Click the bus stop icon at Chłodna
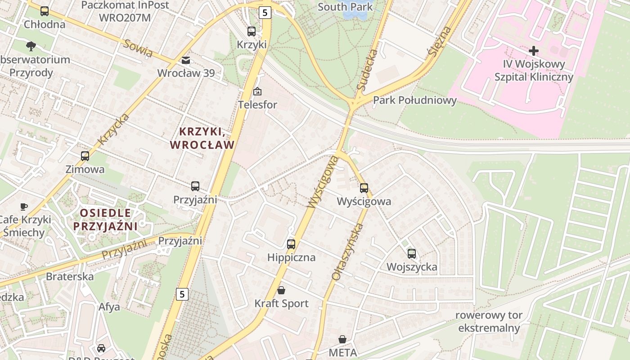pyautogui.click(x=44, y=11)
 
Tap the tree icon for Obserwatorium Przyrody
pyautogui.click(x=31, y=45)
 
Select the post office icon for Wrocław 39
pyautogui.click(x=185, y=60)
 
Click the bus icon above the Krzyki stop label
pyautogui.click(x=252, y=31)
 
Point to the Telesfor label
pyautogui.click(x=258, y=105)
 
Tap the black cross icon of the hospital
pyautogui.click(x=534, y=51)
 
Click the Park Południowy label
pyautogui.click(x=414, y=100)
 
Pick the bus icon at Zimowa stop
pyautogui.click(x=85, y=156)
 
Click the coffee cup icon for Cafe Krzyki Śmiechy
pyautogui.click(x=24, y=207)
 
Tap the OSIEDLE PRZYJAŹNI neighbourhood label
pyautogui.click(x=105, y=219)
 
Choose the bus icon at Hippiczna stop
pyautogui.click(x=291, y=244)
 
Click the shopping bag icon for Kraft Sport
pyautogui.click(x=281, y=290)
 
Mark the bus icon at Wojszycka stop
pyautogui.click(x=412, y=254)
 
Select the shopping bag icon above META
pyautogui.click(x=342, y=339)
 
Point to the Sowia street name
pyautogui.click(x=137, y=48)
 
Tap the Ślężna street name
pyautogui.click(x=439, y=41)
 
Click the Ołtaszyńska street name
pyautogui.click(x=347, y=252)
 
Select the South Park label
pyautogui.click(x=345, y=7)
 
